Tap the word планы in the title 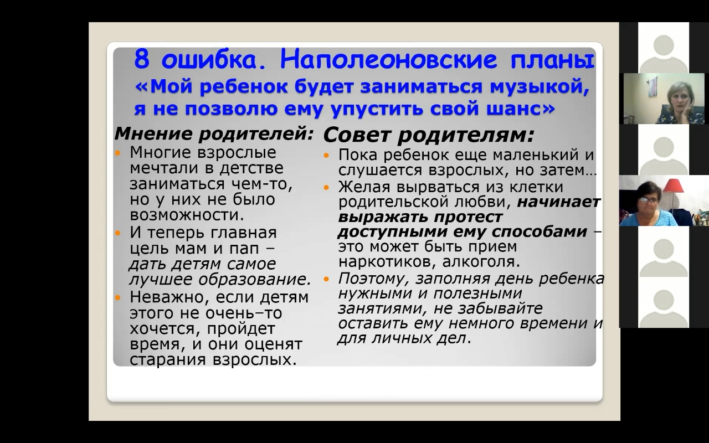pyautogui.click(x=552, y=61)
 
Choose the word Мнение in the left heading pyautogui.click(x=153, y=133)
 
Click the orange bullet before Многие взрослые pyautogui.click(x=118, y=153)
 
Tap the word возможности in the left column pyautogui.click(x=187, y=215)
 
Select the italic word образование pyautogui.click(x=254, y=280)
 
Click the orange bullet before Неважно pyautogui.click(x=118, y=298)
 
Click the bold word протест pyautogui.click(x=468, y=217)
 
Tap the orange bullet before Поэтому pyautogui.click(x=326, y=280)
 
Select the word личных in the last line pyautogui.click(x=400, y=338)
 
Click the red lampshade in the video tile pyautogui.click(x=674, y=186)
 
